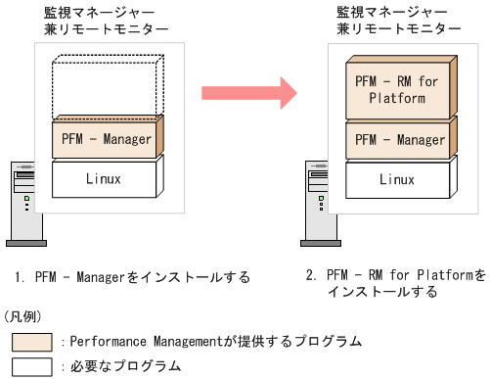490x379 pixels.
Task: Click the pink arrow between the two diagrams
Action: [x=248, y=94]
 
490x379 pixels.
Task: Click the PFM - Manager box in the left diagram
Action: [x=106, y=140]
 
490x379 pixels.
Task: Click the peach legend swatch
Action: [x=32, y=342]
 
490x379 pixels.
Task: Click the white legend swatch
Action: [x=32, y=366]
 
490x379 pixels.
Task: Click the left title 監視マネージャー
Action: [x=94, y=14]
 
